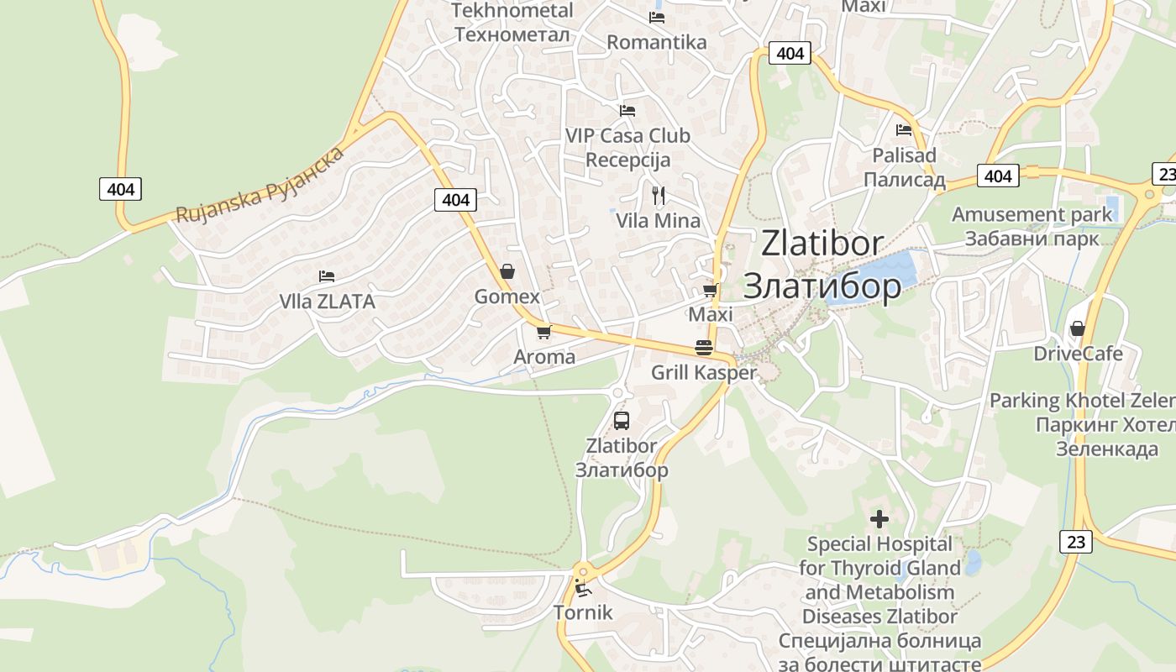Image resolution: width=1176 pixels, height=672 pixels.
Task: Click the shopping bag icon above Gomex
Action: (507, 271)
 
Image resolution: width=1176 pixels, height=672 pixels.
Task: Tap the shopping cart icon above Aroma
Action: (543, 332)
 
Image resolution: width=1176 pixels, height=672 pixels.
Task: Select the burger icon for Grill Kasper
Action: (704, 348)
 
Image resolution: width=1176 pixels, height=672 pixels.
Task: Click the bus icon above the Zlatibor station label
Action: (622, 421)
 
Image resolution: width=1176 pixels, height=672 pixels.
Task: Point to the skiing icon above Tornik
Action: (582, 587)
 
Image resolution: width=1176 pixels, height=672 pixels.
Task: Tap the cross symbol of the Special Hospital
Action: (879, 519)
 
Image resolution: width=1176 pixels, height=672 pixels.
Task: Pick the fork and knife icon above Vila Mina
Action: (659, 196)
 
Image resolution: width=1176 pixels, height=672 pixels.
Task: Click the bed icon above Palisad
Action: (904, 130)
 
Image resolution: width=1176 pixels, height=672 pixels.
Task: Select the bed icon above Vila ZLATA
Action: (327, 276)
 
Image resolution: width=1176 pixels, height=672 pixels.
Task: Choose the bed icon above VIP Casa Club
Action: (627, 111)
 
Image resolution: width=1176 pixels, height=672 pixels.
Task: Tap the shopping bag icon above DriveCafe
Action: (1077, 328)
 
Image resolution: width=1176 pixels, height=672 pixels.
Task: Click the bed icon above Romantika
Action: (657, 18)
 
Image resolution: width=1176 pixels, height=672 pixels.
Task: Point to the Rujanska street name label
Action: (260, 186)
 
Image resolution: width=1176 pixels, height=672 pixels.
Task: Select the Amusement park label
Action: (1032, 214)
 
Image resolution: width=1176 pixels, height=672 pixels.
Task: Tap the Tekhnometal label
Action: (512, 11)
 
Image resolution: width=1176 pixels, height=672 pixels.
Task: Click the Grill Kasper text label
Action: (704, 372)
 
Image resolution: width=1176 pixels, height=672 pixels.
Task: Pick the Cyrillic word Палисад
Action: (904, 180)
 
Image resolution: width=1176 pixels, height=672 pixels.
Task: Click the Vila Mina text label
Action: (659, 221)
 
